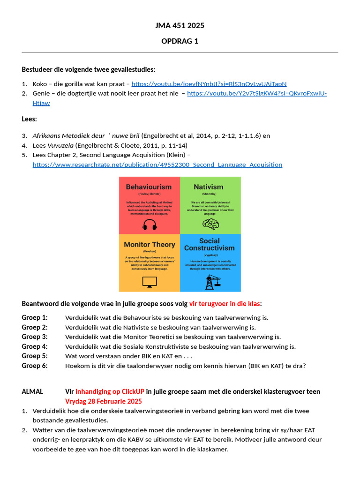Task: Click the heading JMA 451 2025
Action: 180,25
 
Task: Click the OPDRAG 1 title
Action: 180,41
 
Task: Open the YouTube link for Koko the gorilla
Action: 209,84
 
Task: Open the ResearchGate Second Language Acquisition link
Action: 157,165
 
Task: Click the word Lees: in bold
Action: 29,119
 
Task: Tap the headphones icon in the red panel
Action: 150,225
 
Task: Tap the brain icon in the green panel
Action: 210,224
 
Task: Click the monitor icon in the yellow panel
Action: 150,282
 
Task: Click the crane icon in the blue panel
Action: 210,282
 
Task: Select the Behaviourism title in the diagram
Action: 149,187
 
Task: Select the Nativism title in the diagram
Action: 209,187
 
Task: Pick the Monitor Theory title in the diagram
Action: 149,244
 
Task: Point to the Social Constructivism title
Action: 209,244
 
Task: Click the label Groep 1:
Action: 34,317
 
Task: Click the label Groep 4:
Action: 34,346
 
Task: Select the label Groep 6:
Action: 34,366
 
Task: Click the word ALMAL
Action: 32,391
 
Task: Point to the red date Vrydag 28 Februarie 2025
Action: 103,401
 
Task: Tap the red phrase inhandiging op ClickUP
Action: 110,391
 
